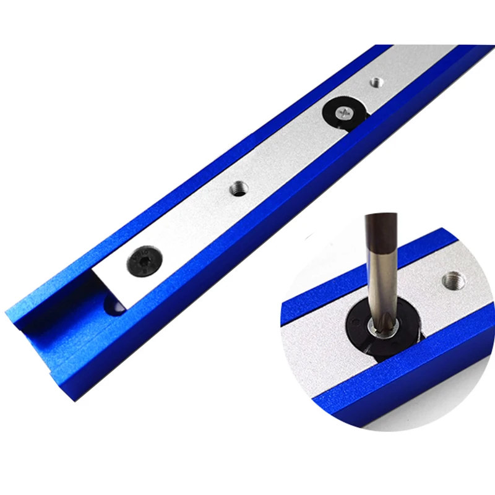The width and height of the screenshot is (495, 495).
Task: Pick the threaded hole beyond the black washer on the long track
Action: [x=375, y=81]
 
